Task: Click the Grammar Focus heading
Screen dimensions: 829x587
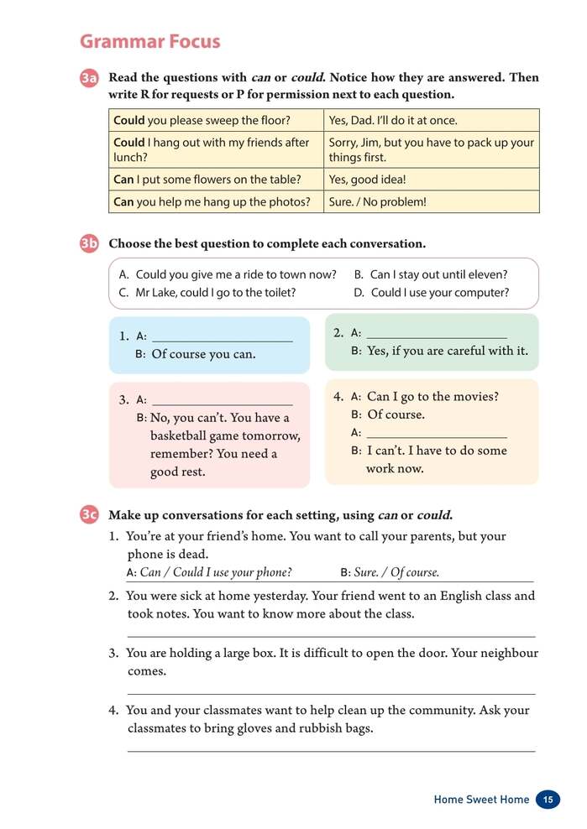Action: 149,41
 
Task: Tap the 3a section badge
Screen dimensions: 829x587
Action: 90,78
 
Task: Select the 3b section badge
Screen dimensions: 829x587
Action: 90,244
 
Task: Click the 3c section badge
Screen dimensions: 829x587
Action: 90,514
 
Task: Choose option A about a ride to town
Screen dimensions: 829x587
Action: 228,274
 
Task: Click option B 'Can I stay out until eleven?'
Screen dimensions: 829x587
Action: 430,274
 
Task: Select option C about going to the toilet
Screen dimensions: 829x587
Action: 207,293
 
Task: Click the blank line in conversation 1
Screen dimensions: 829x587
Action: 223,337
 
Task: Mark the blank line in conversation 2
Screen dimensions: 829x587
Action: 437,334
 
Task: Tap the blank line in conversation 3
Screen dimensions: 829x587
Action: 223,400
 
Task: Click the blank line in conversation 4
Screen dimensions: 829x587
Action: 437,434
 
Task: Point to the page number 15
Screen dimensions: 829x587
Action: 547,800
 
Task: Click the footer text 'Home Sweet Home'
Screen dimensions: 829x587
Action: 481,800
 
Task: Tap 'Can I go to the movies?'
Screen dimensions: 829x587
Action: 432,396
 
